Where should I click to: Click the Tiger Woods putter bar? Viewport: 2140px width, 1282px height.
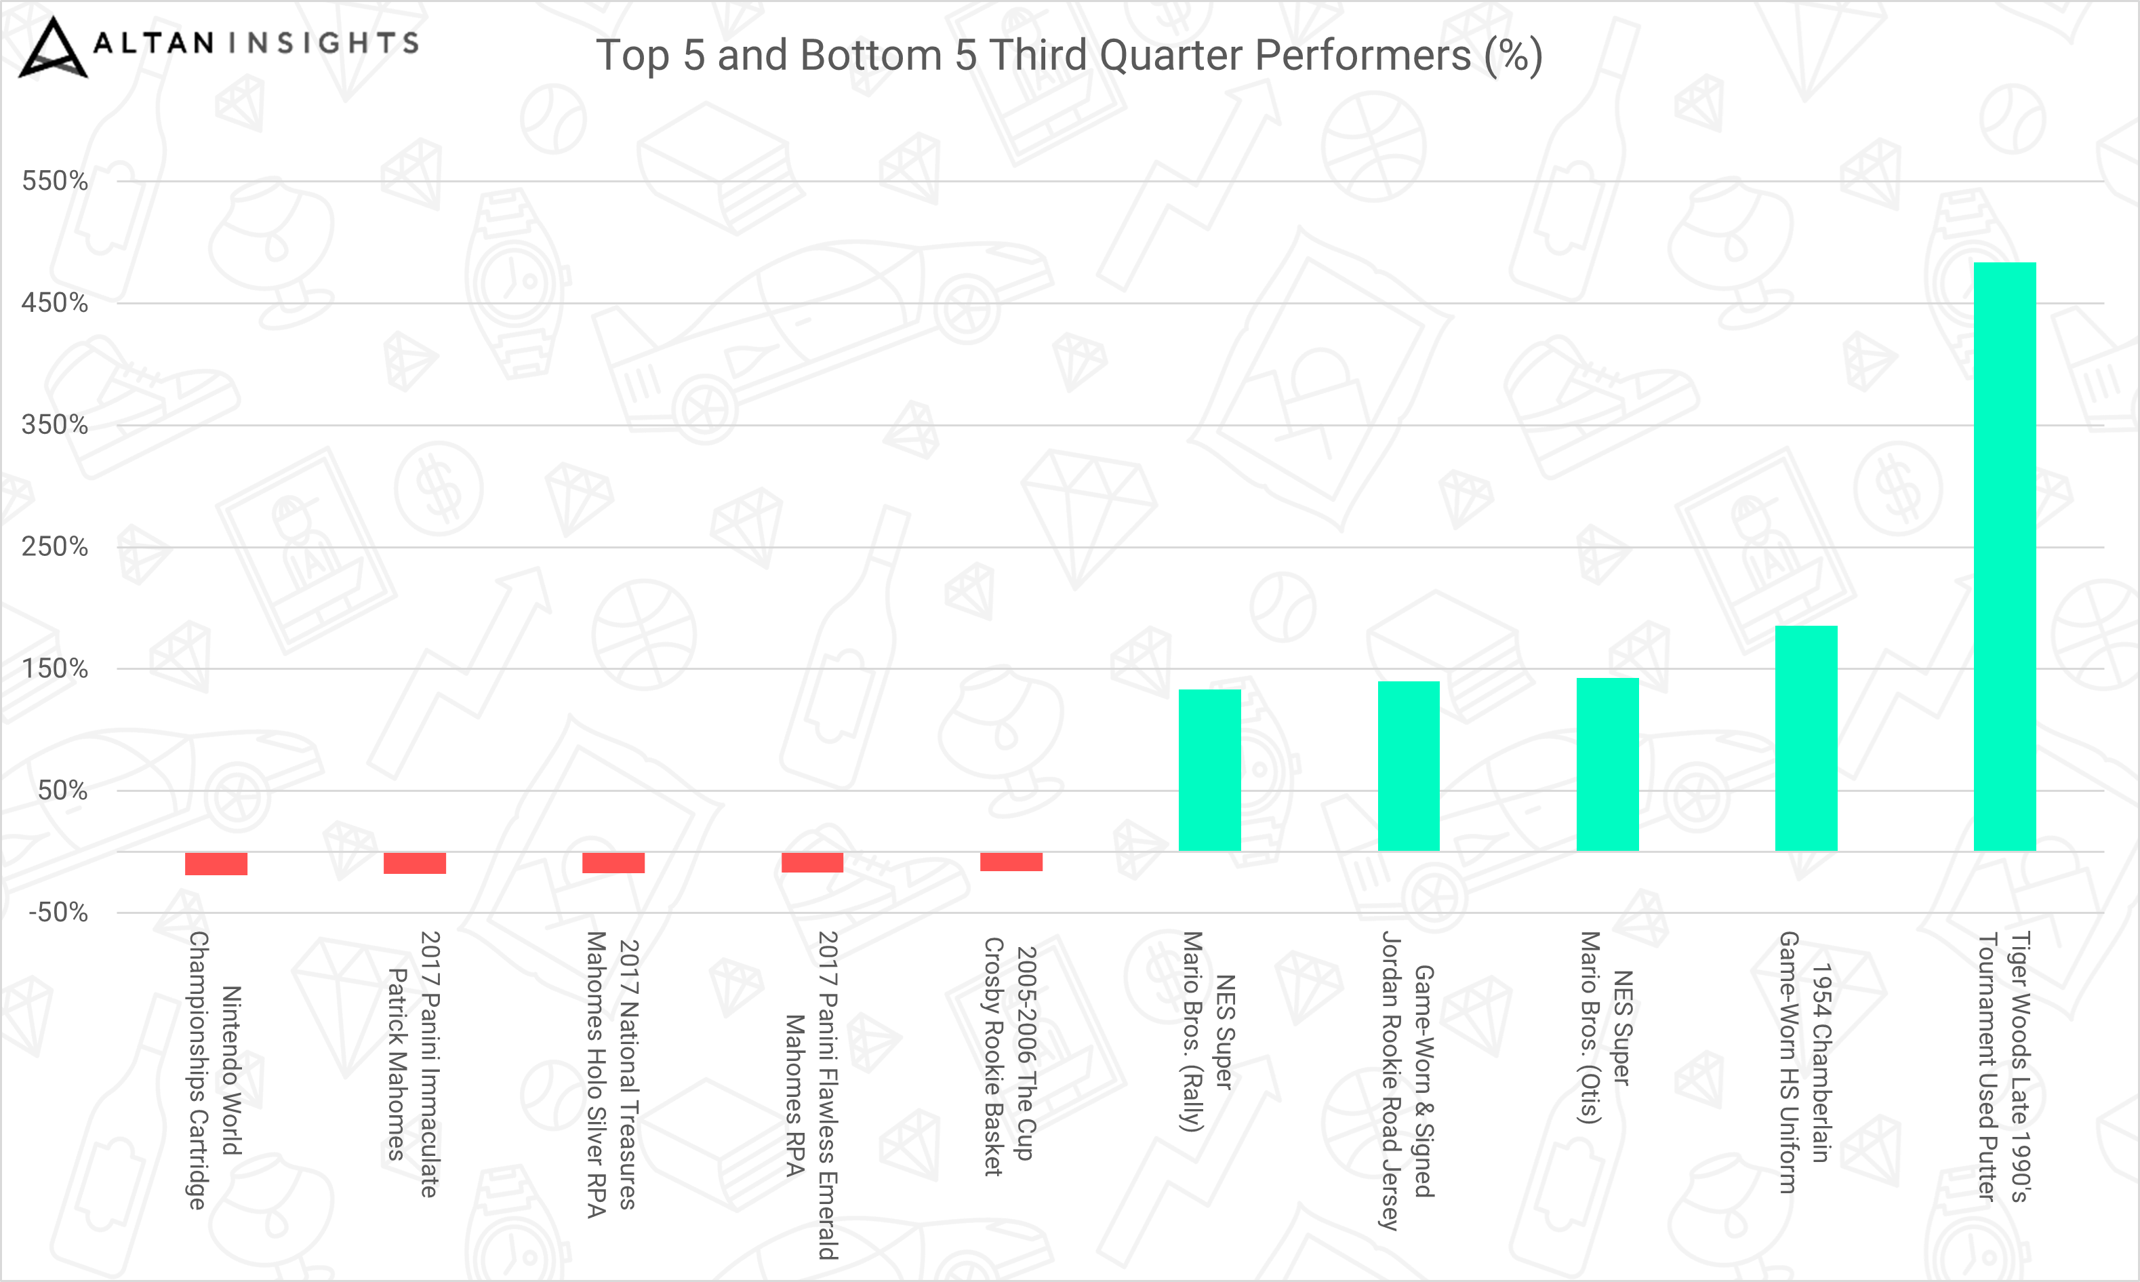2004,557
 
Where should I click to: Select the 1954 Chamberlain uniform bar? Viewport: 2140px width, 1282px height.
1806,738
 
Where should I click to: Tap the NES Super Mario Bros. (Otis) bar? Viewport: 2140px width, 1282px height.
1607,765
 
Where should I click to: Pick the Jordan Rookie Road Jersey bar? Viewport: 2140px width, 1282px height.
1409,766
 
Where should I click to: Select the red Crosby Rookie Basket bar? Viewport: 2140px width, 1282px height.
1011,861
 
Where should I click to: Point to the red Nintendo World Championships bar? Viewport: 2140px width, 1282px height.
216,864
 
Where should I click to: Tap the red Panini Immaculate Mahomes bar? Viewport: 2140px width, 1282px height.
415,863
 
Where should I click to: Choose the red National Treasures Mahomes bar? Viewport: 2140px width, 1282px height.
613,862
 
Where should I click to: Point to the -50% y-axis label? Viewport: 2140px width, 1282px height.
58,913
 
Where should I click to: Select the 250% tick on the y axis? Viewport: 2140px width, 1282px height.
54,547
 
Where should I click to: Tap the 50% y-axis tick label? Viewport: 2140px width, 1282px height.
62,790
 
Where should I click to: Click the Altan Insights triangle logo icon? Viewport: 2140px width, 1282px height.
53,47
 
